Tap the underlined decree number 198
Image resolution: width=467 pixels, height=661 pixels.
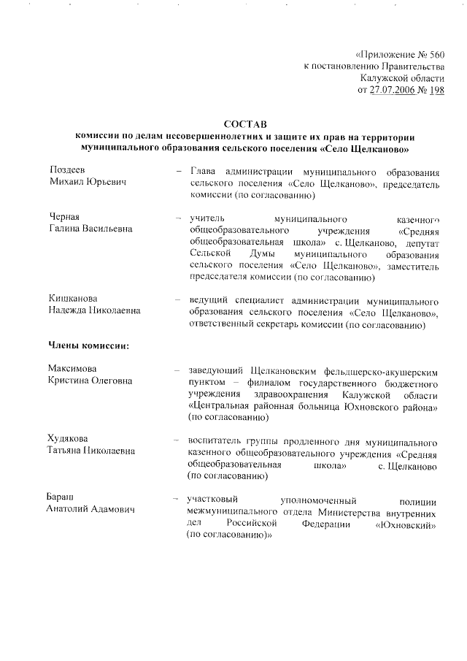[x=437, y=90]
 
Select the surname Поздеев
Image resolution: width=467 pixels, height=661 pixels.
[x=67, y=170]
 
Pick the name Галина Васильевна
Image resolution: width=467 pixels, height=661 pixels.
[x=90, y=229]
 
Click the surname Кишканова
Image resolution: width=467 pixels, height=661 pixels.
[x=73, y=299]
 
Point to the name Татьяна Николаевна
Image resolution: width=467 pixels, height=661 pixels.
[x=92, y=451]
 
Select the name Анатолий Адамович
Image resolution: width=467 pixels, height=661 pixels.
[x=91, y=509]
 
